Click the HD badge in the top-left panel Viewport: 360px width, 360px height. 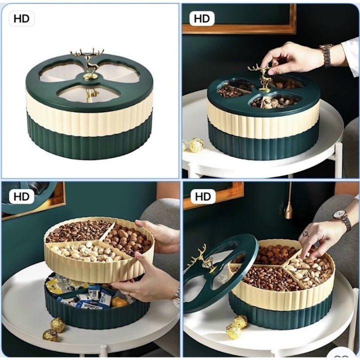(x=21, y=19)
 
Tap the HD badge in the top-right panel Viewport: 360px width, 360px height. (x=202, y=19)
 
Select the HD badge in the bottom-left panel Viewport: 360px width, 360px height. (x=21, y=196)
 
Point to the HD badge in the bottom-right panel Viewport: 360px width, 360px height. (x=202, y=196)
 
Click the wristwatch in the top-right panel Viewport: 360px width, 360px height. (x=326, y=55)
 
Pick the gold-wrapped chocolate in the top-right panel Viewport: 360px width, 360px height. (x=196, y=145)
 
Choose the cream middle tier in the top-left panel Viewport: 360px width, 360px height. (x=90, y=120)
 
